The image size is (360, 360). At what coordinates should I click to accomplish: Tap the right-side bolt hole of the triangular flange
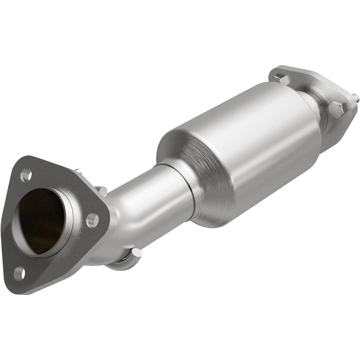(x=92, y=221)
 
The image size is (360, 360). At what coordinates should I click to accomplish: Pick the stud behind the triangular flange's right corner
(x=102, y=191)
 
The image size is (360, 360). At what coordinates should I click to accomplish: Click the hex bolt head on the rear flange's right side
(x=335, y=110)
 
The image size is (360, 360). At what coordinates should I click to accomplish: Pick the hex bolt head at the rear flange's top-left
(x=280, y=79)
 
